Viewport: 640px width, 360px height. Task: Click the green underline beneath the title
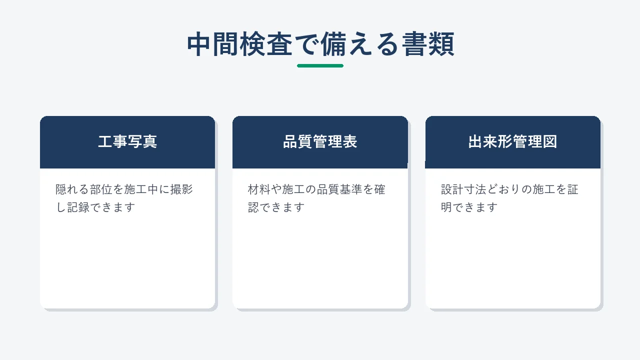(x=320, y=65)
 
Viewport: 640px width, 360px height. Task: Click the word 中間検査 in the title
(x=239, y=44)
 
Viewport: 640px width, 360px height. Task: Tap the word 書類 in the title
(x=428, y=44)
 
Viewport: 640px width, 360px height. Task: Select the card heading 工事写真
(x=127, y=141)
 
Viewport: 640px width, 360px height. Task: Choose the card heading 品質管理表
(x=320, y=141)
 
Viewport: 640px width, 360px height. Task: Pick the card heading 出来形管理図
(x=512, y=141)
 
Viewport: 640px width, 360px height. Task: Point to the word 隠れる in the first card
(x=72, y=189)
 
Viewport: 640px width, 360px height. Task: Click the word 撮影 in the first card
(x=181, y=189)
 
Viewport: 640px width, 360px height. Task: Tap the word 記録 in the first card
(x=78, y=207)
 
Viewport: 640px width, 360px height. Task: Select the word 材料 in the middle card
(x=259, y=189)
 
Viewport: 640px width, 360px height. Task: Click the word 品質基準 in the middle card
(x=339, y=189)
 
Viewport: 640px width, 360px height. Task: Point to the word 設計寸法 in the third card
(x=463, y=189)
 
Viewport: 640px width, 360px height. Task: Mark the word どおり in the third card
(x=504, y=189)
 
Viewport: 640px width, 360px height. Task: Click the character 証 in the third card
(x=573, y=189)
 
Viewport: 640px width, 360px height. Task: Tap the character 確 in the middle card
(x=380, y=189)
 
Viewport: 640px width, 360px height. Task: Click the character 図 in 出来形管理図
(x=550, y=141)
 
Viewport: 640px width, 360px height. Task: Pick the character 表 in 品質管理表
(x=350, y=141)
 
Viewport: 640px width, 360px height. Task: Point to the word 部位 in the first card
(x=101, y=189)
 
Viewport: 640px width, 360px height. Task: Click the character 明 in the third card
(x=446, y=207)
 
